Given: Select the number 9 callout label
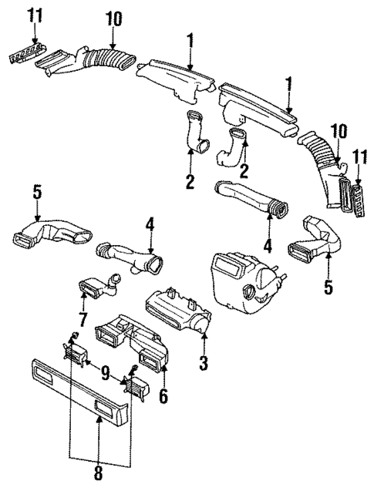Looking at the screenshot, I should pyautogui.click(x=104, y=372).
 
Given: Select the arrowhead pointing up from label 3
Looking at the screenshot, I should pyautogui.click(x=203, y=334).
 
